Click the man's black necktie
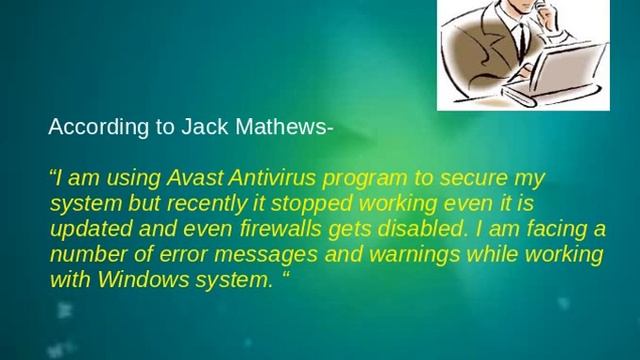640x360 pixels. click(522, 35)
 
